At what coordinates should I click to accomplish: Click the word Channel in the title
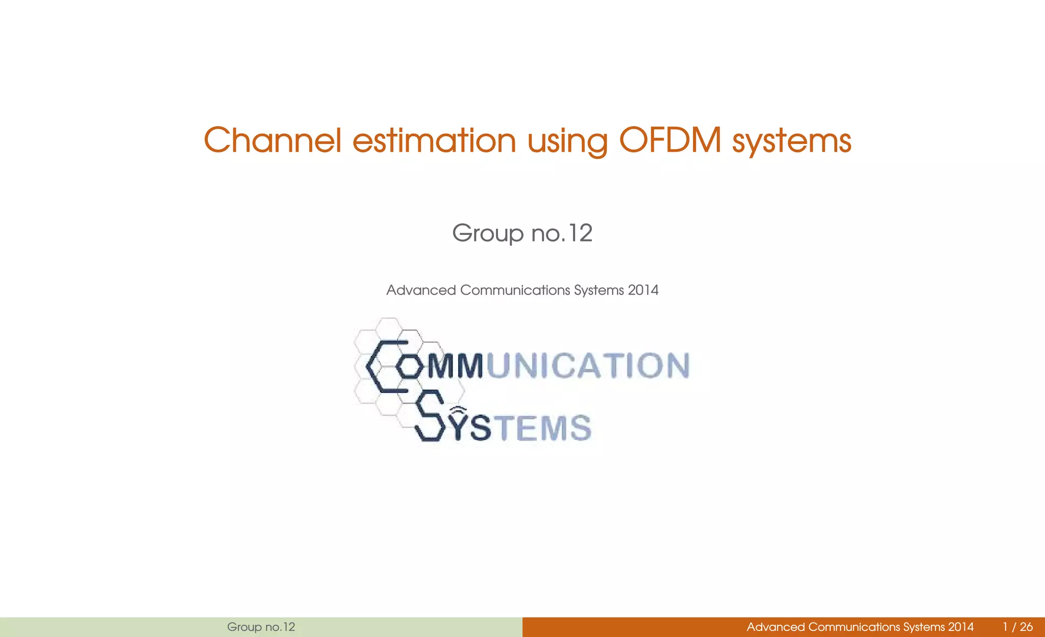[x=272, y=140]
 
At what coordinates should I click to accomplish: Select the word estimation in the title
[x=434, y=140]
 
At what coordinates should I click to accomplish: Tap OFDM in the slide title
[x=670, y=140]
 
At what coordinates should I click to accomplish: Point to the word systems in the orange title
[x=791, y=141]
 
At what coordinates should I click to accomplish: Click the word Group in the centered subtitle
[x=487, y=234]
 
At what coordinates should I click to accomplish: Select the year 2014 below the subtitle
[x=643, y=290]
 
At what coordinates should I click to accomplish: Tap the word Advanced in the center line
[x=421, y=290]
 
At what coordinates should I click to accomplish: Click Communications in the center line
[x=515, y=290]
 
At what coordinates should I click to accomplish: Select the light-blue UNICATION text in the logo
[x=588, y=366]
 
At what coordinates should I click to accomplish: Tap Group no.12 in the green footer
[x=261, y=627]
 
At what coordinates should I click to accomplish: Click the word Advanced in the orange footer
[x=775, y=627]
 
